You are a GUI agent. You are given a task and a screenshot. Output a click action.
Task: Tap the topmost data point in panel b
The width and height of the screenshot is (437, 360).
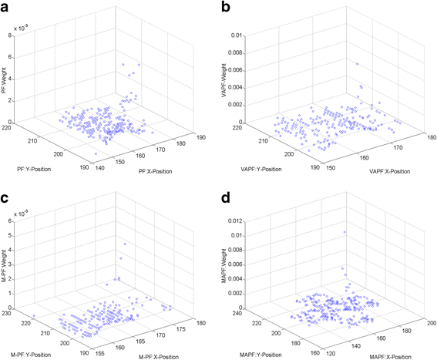click(357, 64)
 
